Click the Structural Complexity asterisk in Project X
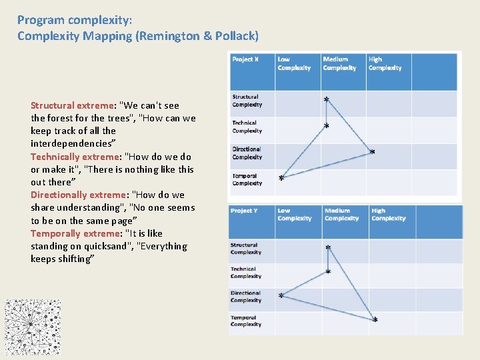pyautogui.click(x=326, y=100)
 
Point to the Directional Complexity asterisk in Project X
pyautogui.click(x=372, y=153)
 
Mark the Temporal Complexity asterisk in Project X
pyautogui.click(x=281, y=179)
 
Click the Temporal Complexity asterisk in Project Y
pyautogui.click(x=375, y=321)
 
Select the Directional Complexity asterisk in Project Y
pyautogui.click(x=281, y=296)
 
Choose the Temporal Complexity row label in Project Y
pyautogui.click(x=246, y=321)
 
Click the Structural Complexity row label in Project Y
pyautogui.click(x=245, y=249)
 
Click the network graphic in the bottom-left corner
pyautogui.click(x=33, y=327)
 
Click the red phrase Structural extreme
pyautogui.click(x=73, y=105)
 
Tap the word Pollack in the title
pyautogui.click(x=235, y=36)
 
